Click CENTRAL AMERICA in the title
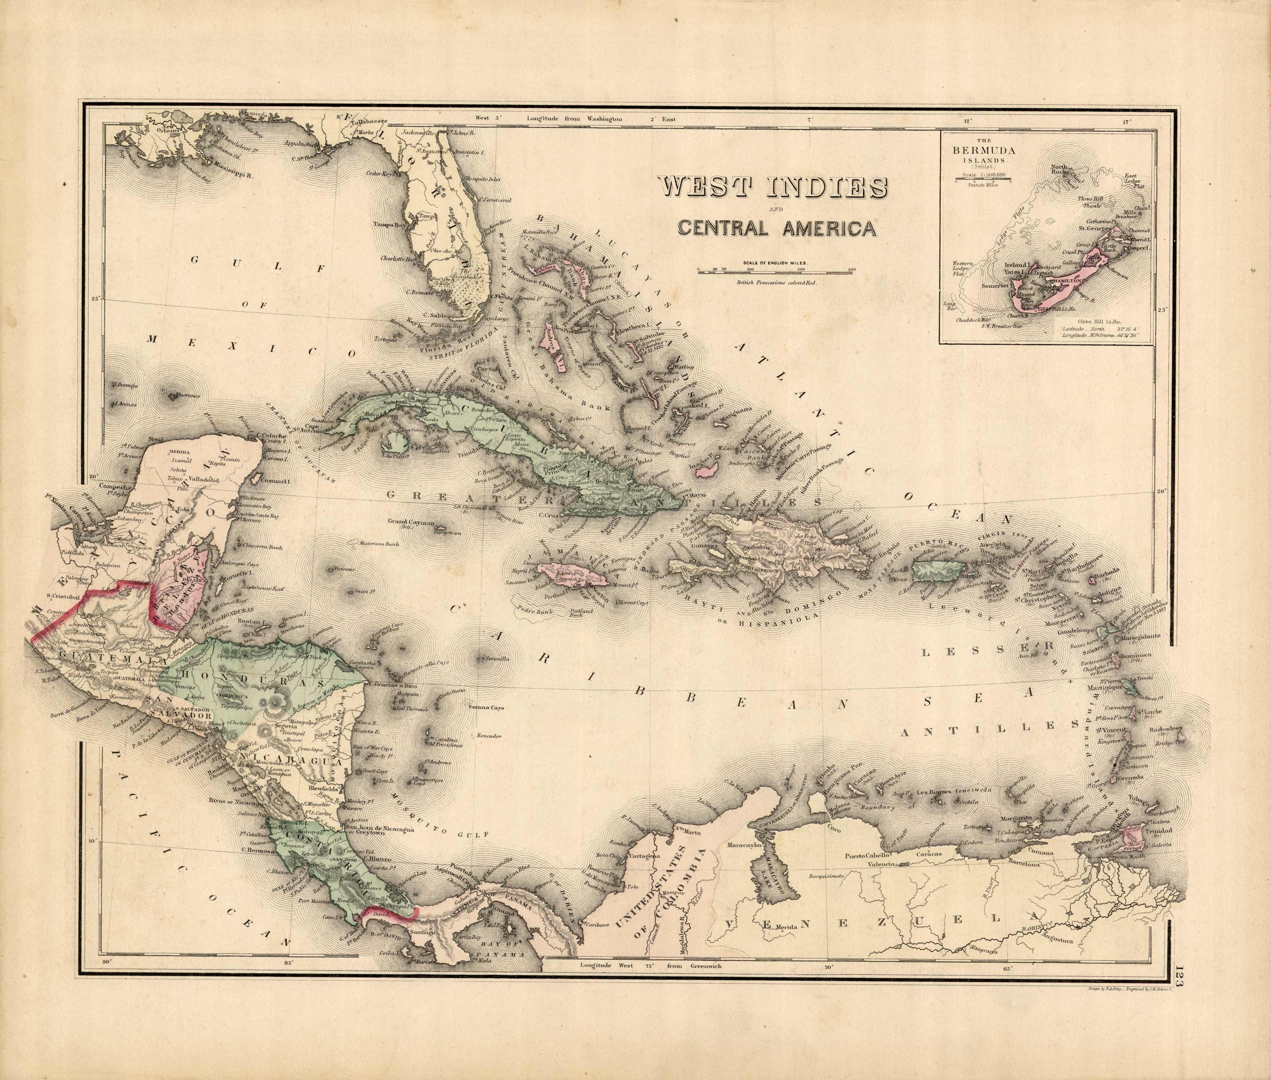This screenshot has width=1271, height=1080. pos(776,229)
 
